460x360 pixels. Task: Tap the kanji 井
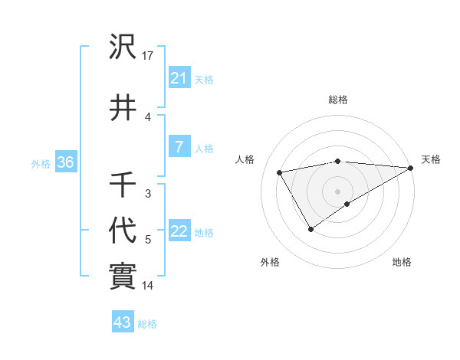(123, 107)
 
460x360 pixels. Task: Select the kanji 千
(123, 184)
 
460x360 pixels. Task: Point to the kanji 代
(123, 229)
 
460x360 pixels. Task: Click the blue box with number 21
(179, 78)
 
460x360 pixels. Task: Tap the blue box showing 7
(179, 148)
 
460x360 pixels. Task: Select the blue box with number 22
(179, 232)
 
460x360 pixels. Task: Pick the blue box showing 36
(65, 163)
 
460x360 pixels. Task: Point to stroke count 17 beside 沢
(148, 56)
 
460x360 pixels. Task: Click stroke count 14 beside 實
(148, 286)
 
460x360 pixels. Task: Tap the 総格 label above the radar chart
(337, 100)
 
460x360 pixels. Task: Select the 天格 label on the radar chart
(431, 159)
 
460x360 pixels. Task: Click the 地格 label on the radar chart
(402, 262)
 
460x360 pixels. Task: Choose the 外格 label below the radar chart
(270, 262)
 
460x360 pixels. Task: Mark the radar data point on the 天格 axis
(412, 168)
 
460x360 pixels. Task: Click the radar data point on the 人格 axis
(280, 172)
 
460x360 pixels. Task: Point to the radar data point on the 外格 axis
(310, 229)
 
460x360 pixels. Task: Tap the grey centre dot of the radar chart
(337, 191)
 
